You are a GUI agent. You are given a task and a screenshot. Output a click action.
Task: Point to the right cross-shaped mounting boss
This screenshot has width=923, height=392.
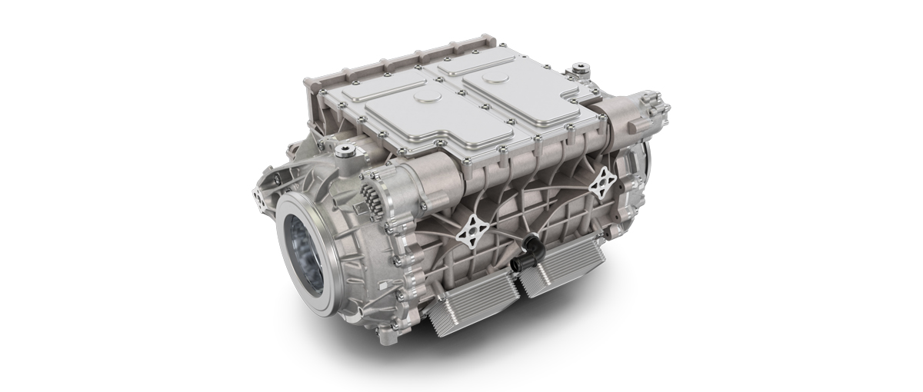[599, 187]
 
